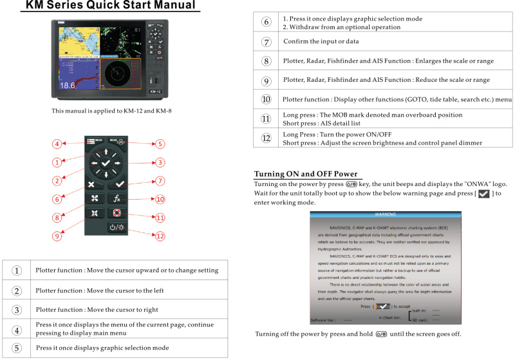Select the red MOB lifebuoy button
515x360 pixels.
pyautogui.click(x=117, y=213)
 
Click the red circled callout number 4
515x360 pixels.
pyautogui.click(x=57, y=144)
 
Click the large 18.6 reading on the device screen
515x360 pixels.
pyautogui.click(x=68, y=85)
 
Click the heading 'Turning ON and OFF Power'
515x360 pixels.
pyautogui.click(x=306, y=174)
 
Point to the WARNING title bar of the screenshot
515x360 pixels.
pyautogui.click(x=385, y=213)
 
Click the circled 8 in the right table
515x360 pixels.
pyautogui.click(x=266, y=61)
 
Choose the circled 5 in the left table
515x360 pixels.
pyautogui.click(x=17, y=348)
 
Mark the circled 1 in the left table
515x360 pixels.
pyautogui.click(x=17, y=270)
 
